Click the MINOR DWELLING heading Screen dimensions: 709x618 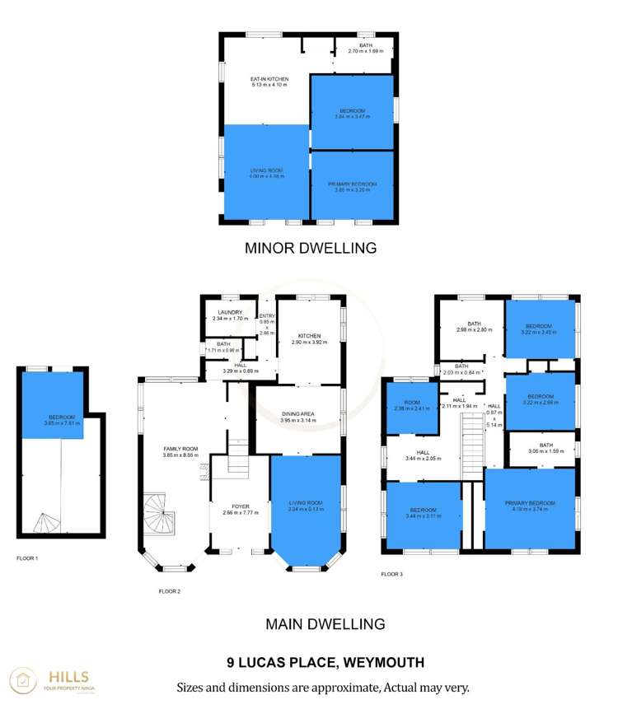pyautogui.click(x=310, y=247)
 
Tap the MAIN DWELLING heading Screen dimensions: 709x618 pyautogui.click(x=325, y=624)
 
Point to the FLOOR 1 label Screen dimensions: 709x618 pyautogui.click(x=27, y=558)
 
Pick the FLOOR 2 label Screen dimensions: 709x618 pyautogui.click(x=169, y=590)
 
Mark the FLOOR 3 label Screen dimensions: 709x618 pyautogui.click(x=391, y=574)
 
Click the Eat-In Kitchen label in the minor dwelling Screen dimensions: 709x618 pyautogui.click(x=269, y=82)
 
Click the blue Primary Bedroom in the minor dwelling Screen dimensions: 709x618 pyautogui.click(x=352, y=186)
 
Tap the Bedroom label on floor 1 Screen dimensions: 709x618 pyautogui.click(x=62, y=420)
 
